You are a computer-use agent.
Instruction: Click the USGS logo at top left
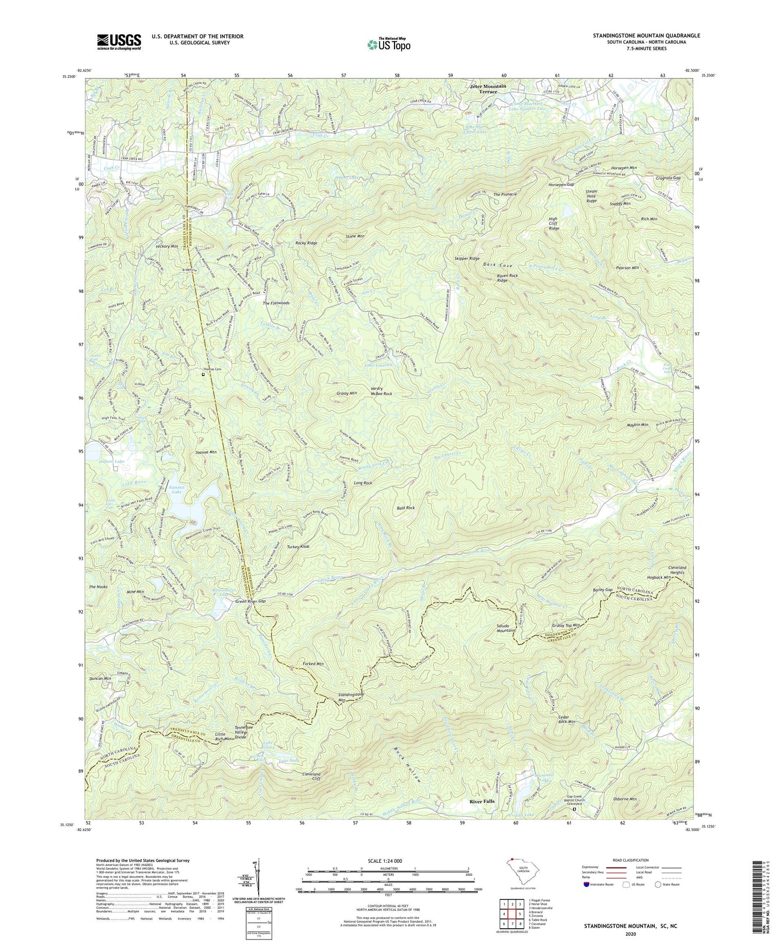[x=119, y=41]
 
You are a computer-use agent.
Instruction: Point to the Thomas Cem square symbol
[x=203, y=374]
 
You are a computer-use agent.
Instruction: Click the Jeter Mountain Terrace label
[x=488, y=89]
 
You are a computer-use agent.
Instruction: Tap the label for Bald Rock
[x=405, y=508]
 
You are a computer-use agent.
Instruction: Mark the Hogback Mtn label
[x=659, y=577]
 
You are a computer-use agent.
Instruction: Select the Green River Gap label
[x=251, y=601]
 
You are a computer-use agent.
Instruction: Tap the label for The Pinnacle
[x=505, y=194]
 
